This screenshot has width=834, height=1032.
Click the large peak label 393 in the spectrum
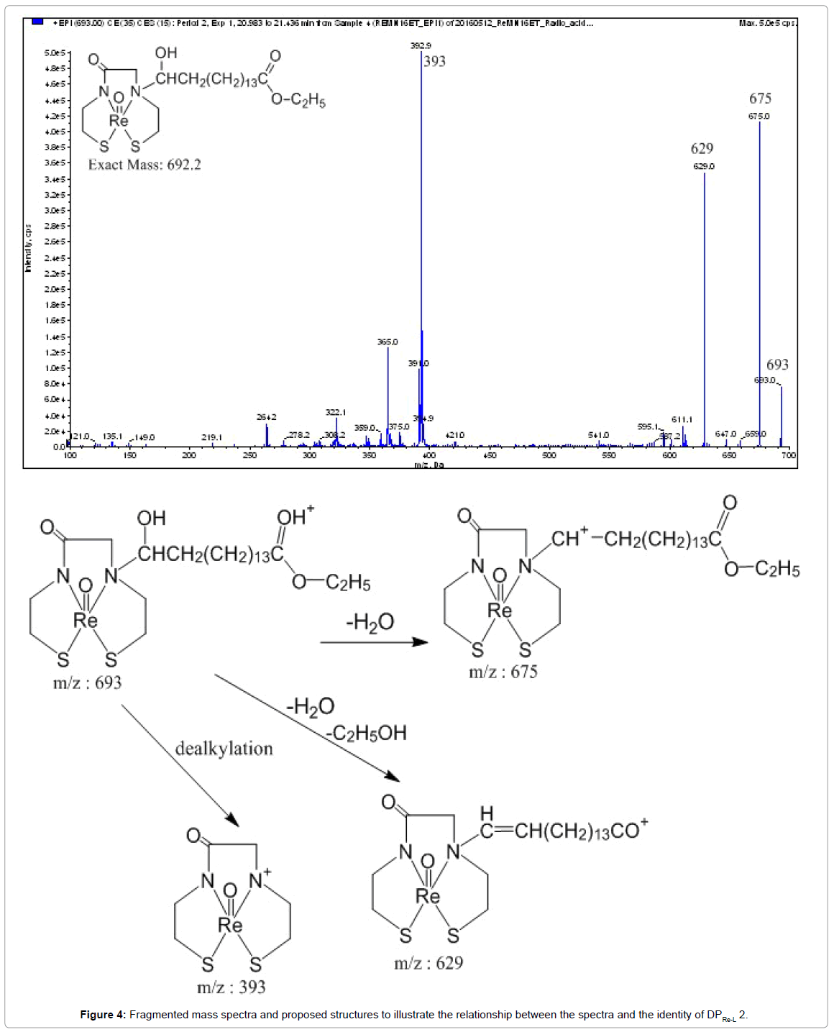[x=434, y=61]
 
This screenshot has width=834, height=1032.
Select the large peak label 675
[x=760, y=99]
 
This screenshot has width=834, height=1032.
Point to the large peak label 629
[x=702, y=149]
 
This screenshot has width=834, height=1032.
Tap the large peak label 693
[x=777, y=365]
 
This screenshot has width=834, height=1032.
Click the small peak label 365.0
[x=388, y=342]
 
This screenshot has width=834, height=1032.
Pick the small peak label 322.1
[x=335, y=412]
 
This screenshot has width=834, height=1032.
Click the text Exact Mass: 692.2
[x=145, y=165]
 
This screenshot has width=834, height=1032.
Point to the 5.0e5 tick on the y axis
[x=55, y=52]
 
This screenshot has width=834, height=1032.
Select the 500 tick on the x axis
[x=549, y=455]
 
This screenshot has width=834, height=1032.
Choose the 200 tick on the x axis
[x=189, y=455]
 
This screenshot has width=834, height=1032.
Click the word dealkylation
[x=224, y=749]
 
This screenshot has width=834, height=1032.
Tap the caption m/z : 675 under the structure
[x=503, y=672]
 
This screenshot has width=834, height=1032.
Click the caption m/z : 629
[x=429, y=963]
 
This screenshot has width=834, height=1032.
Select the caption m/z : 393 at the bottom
[x=232, y=987]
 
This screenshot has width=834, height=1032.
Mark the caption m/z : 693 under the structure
[x=88, y=682]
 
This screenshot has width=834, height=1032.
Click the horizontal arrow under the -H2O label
[x=374, y=642]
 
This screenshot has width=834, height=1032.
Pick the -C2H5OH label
[x=366, y=733]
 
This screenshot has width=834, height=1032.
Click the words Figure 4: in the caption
[x=103, y=1015]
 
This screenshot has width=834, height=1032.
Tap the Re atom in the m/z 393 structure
[x=230, y=925]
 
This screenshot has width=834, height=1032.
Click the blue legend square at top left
[x=37, y=22]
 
